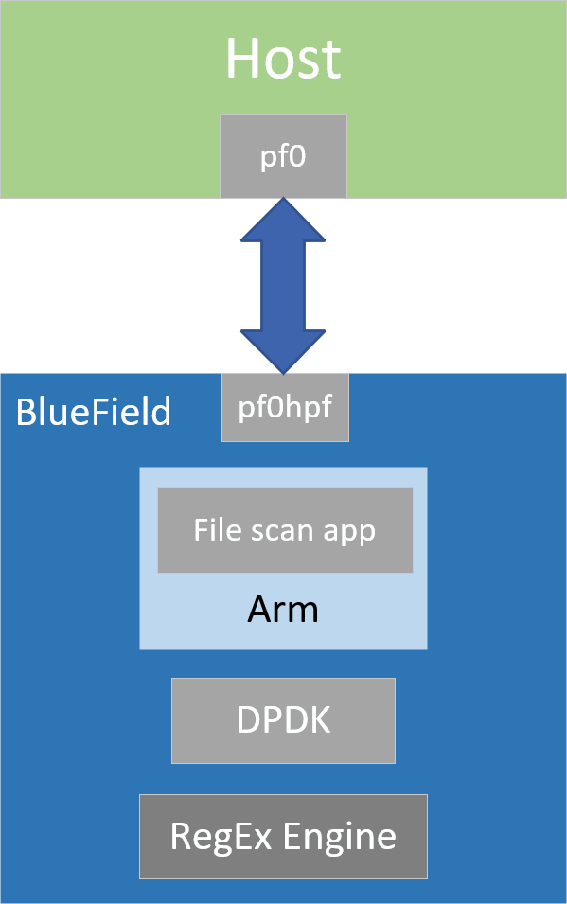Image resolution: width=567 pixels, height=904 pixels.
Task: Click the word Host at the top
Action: [283, 59]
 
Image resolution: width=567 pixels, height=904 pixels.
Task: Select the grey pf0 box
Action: [283, 156]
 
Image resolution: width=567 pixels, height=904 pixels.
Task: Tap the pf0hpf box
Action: [285, 407]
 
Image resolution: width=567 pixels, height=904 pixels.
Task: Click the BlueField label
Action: [94, 413]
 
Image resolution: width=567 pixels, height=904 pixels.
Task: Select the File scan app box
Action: [285, 530]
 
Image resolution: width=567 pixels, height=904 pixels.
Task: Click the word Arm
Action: [283, 610]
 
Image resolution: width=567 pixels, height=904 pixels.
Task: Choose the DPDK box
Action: [283, 720]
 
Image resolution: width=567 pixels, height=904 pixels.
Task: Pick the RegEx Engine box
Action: [283, 836]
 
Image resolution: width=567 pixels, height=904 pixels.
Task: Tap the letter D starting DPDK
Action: [248, 720]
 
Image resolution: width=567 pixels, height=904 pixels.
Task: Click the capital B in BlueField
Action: [26, 413]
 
